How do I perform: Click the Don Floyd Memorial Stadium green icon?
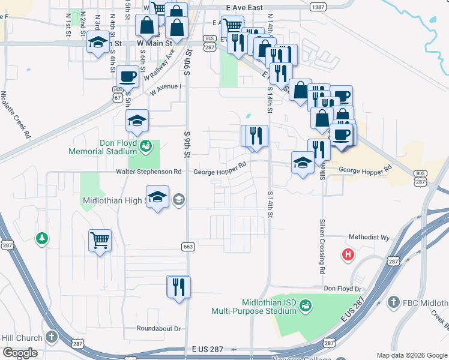click(146, 146)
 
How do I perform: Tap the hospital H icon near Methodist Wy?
click(348, 254)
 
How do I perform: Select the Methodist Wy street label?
click(369, 237)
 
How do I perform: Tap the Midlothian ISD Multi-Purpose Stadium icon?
click(306, 306)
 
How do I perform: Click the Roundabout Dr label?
click(158, 329)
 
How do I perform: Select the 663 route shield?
click(187, 247)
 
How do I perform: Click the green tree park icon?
click(41, 239)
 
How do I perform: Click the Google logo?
click(20, 353)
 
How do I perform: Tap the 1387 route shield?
click(319, 7)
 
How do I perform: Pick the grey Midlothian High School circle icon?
click(179, 200)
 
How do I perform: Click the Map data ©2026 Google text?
click(411, 355)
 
